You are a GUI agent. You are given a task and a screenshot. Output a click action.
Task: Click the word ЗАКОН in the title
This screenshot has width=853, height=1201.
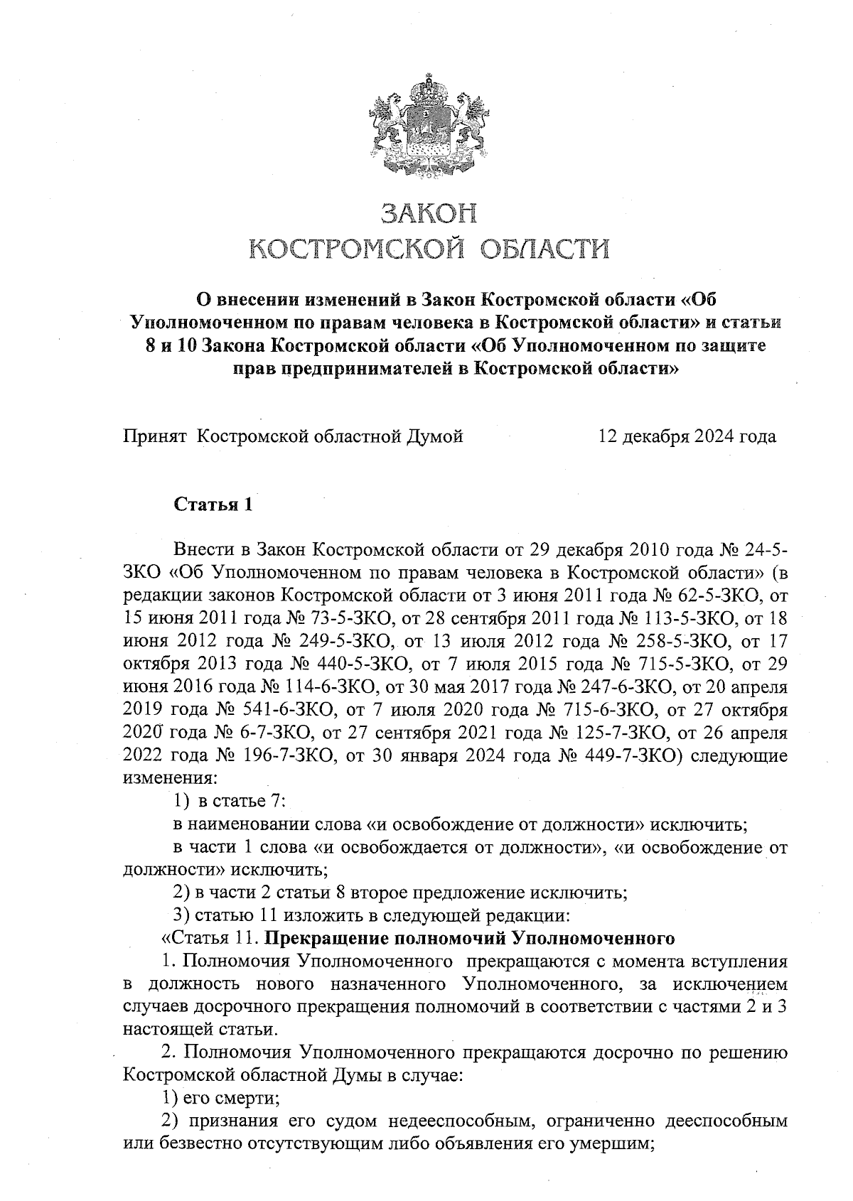429,212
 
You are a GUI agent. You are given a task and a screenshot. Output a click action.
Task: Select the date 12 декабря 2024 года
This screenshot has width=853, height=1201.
687,436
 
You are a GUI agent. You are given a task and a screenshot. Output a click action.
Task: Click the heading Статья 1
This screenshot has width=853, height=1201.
213,505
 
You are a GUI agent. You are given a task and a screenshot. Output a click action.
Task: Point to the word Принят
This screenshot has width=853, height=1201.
156,436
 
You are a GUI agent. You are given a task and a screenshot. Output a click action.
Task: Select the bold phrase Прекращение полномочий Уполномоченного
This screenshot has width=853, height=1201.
469,939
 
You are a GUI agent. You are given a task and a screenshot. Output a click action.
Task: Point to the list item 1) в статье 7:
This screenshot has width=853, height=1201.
230,802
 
